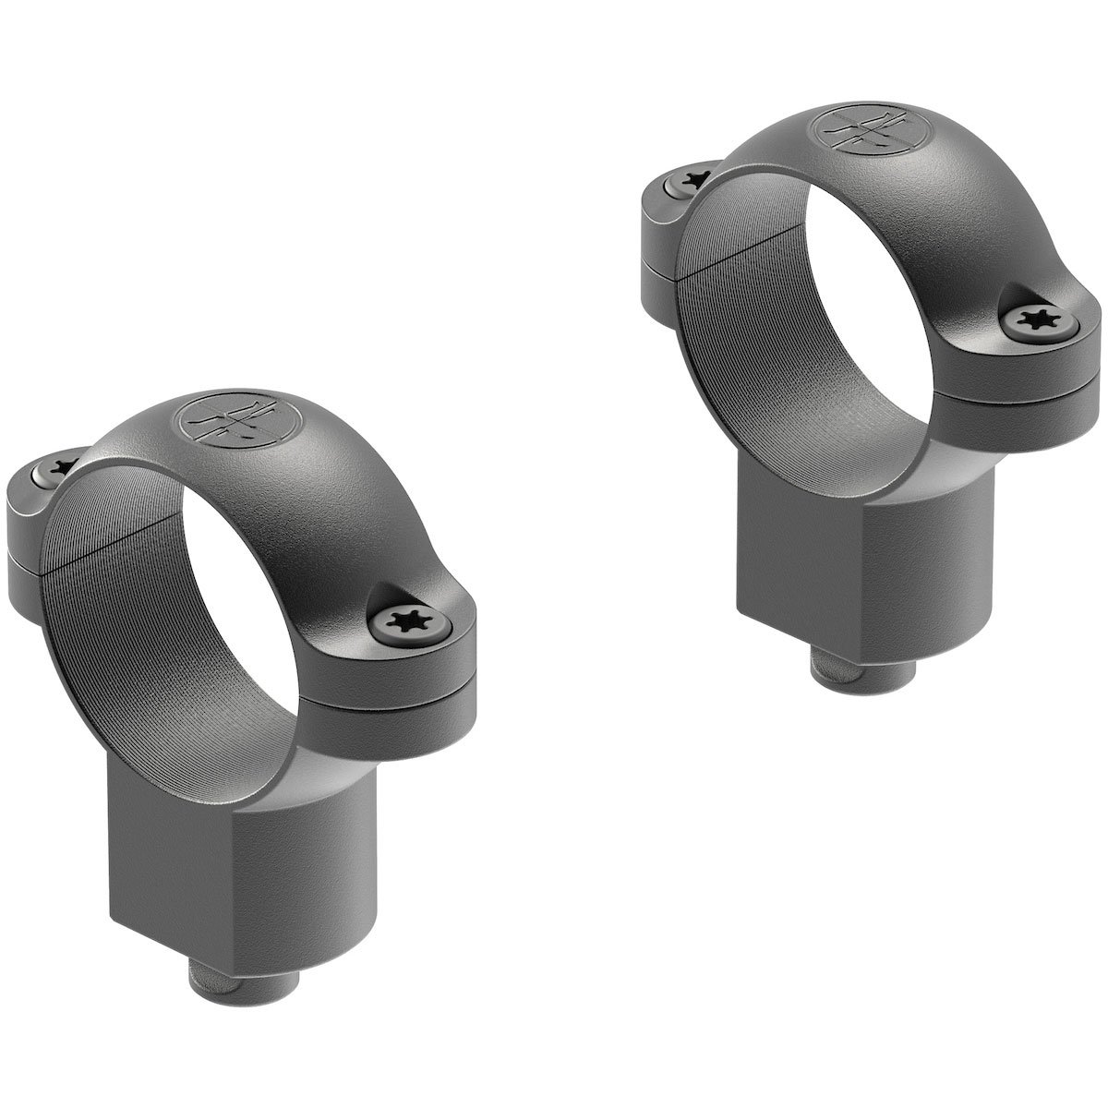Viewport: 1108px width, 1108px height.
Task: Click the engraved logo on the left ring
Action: tap(226, 424)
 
